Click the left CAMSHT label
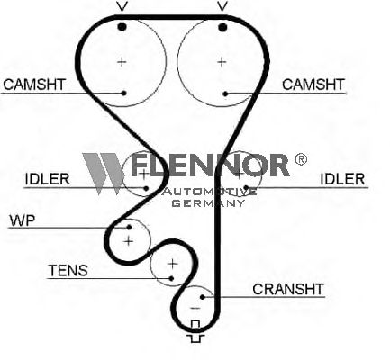click(x=34, y=85)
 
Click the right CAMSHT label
click(x=313, y=85)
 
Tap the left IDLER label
click(x=47, y=179)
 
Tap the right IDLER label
click(x=342, y=179)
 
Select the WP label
click(x=23, y=220)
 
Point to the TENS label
click(x=68, y=271)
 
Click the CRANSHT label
click(x=288, y=289)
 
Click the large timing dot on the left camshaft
click(x=122, y=27)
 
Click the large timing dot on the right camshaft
click(x=222, y=28)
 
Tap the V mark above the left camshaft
click(x=122, y=6)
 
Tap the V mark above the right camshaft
click(x=222, y=6)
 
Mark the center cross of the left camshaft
click(x=122, y=62)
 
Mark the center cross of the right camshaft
click(x=222, y=62)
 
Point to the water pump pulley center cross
click(x=129, y=241)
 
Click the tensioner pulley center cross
click(x=173, y=264)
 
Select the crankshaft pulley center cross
click(x=195, y=308)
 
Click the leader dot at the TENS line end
click(x=171, y=278)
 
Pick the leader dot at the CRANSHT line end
click(x=203, y=297)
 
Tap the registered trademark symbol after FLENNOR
click(x=301, y=159)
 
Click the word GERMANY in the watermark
click(x=208, y=203)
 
